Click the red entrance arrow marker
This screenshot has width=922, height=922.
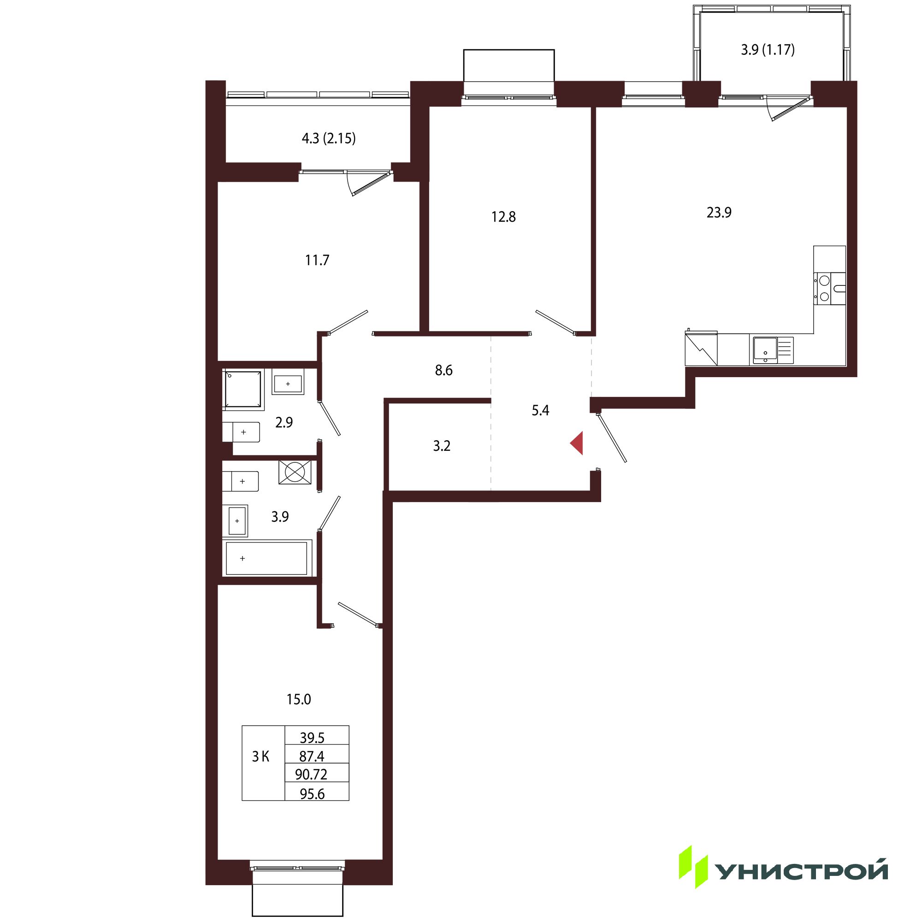point(578,443)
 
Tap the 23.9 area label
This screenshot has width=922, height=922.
point(719,213)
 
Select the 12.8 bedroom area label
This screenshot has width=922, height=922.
point(503,217)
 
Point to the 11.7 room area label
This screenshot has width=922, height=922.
point(317,260)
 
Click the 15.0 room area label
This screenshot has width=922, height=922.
point(299,700)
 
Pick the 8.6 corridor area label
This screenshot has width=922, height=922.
point(444,370)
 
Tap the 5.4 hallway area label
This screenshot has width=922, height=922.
point(541,410)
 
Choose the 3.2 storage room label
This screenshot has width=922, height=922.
point(442,446)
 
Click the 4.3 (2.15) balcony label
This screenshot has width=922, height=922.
point(329,139)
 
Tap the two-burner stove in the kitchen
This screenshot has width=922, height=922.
point(823,288)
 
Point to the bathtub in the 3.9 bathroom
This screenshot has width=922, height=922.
point(267,558)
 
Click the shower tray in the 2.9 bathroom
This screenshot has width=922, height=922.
point(243,389)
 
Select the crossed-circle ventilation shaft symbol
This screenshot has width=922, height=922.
point(295,473)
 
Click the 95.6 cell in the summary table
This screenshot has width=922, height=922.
point(312,794)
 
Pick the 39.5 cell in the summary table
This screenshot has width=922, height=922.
point(312,738)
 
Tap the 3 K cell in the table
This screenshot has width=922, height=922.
point(261,757)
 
